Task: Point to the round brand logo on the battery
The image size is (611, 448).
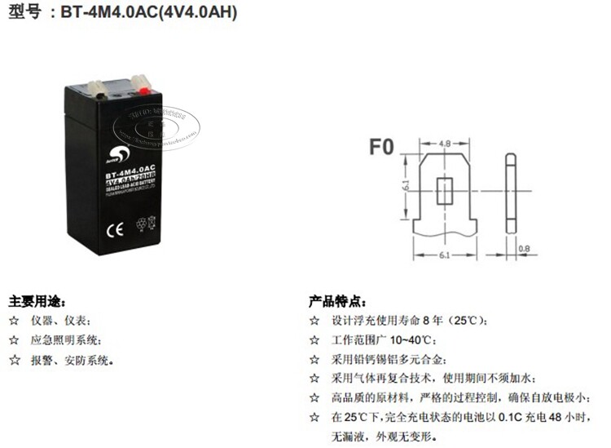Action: (116, 152)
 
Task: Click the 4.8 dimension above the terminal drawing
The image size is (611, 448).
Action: (445, 144)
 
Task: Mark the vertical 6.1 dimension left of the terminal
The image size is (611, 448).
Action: (405, 188)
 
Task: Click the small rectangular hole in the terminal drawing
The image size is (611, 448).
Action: (445, 191)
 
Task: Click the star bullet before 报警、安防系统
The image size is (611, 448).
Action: (13, 359)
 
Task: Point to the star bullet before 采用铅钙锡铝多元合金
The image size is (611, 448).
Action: (314, 359)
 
